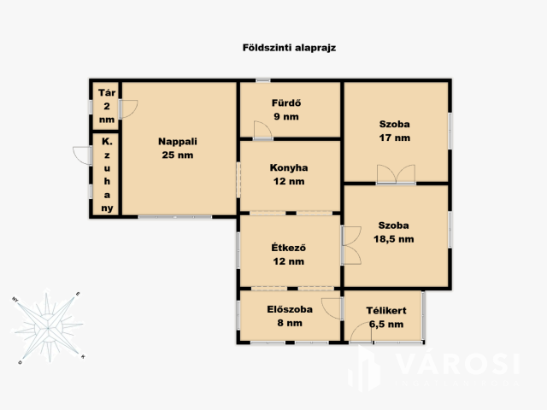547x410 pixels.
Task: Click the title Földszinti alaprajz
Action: pos(289,48)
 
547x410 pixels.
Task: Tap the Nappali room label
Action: pos(178,142)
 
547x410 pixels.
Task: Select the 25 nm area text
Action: pos(178,155)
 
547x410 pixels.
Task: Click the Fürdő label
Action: pos(286,102)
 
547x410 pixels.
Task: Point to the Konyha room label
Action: pos(289,167)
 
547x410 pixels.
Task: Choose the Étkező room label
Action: pos(289,248)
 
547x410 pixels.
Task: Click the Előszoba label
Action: pos(290,309)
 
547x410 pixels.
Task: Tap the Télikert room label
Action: pos(386,310)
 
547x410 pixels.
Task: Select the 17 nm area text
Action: pos(395,138)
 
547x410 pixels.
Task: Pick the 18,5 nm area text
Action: pos(394,239)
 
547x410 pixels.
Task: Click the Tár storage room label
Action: pos(107,93)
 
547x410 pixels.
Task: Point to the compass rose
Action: pos(48,326)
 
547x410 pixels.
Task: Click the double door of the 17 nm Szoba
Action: pos(396,174)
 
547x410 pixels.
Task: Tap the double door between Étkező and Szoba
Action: pos(351,245)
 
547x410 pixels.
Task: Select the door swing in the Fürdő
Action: pos(262,130)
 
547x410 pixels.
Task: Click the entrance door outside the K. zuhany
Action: pos(82,155)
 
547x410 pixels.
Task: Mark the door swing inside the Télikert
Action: pos(361,333)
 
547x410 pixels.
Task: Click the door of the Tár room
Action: pos(128,109)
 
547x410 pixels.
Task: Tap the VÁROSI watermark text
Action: pos(458,365)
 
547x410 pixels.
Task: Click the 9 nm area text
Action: pos(286,116)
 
